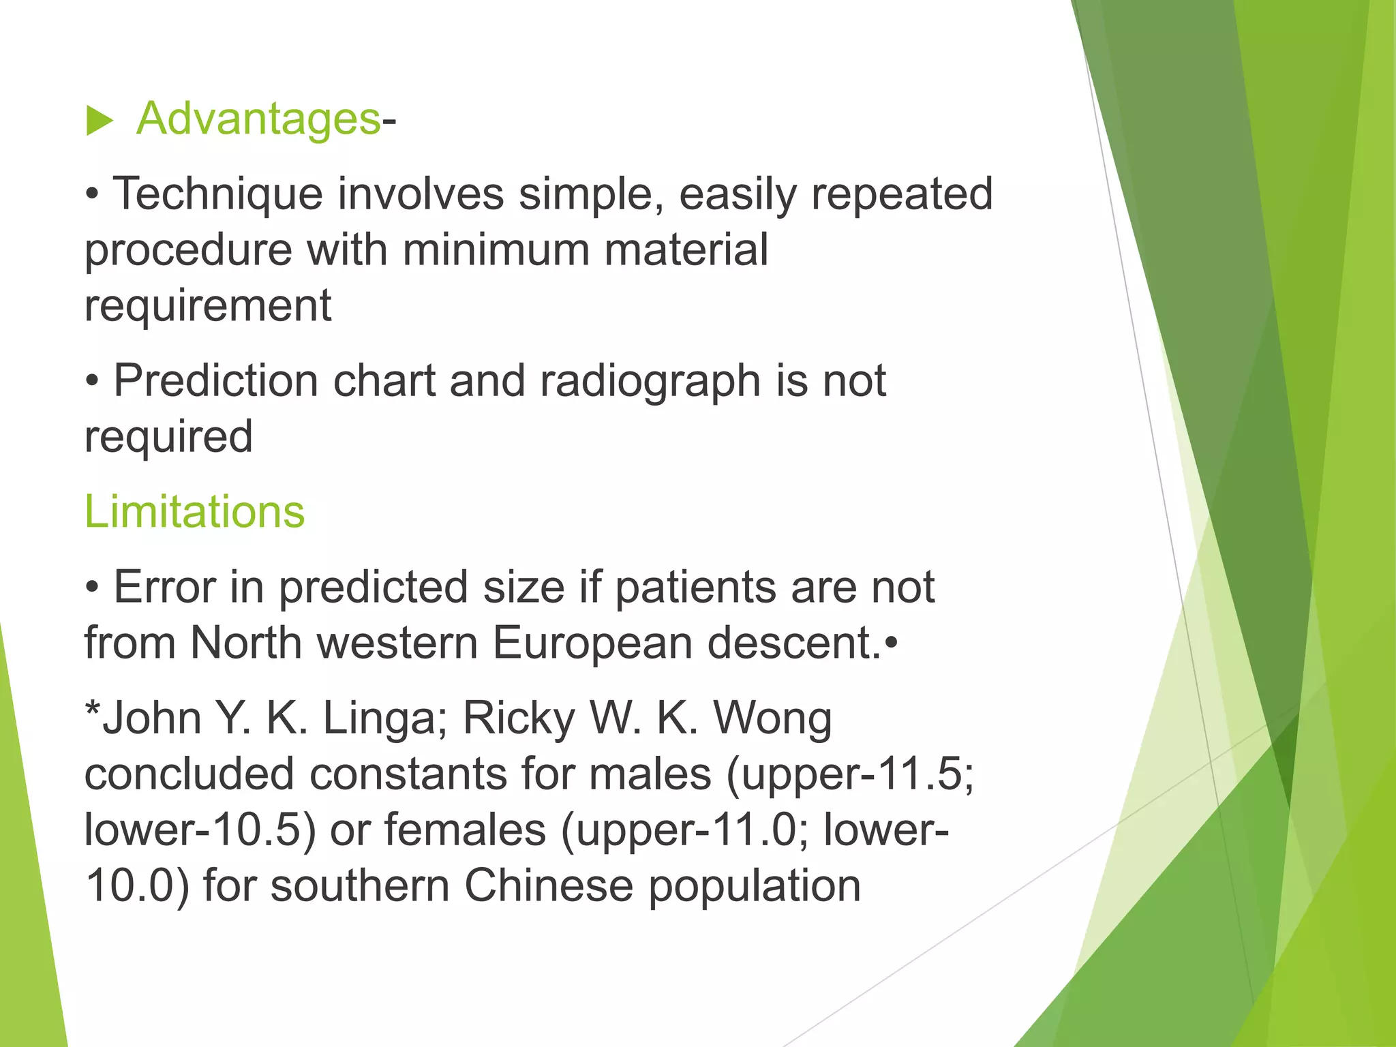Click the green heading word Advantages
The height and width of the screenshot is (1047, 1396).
(258, 119)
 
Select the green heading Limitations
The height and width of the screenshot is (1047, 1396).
(194, 511)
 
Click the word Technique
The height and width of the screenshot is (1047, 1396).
(217, 194)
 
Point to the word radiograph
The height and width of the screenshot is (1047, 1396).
(650, 382)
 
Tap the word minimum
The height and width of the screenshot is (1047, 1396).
(496, 249)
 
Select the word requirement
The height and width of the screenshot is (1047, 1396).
(208, 306)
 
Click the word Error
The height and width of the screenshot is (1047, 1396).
(164, 587)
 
